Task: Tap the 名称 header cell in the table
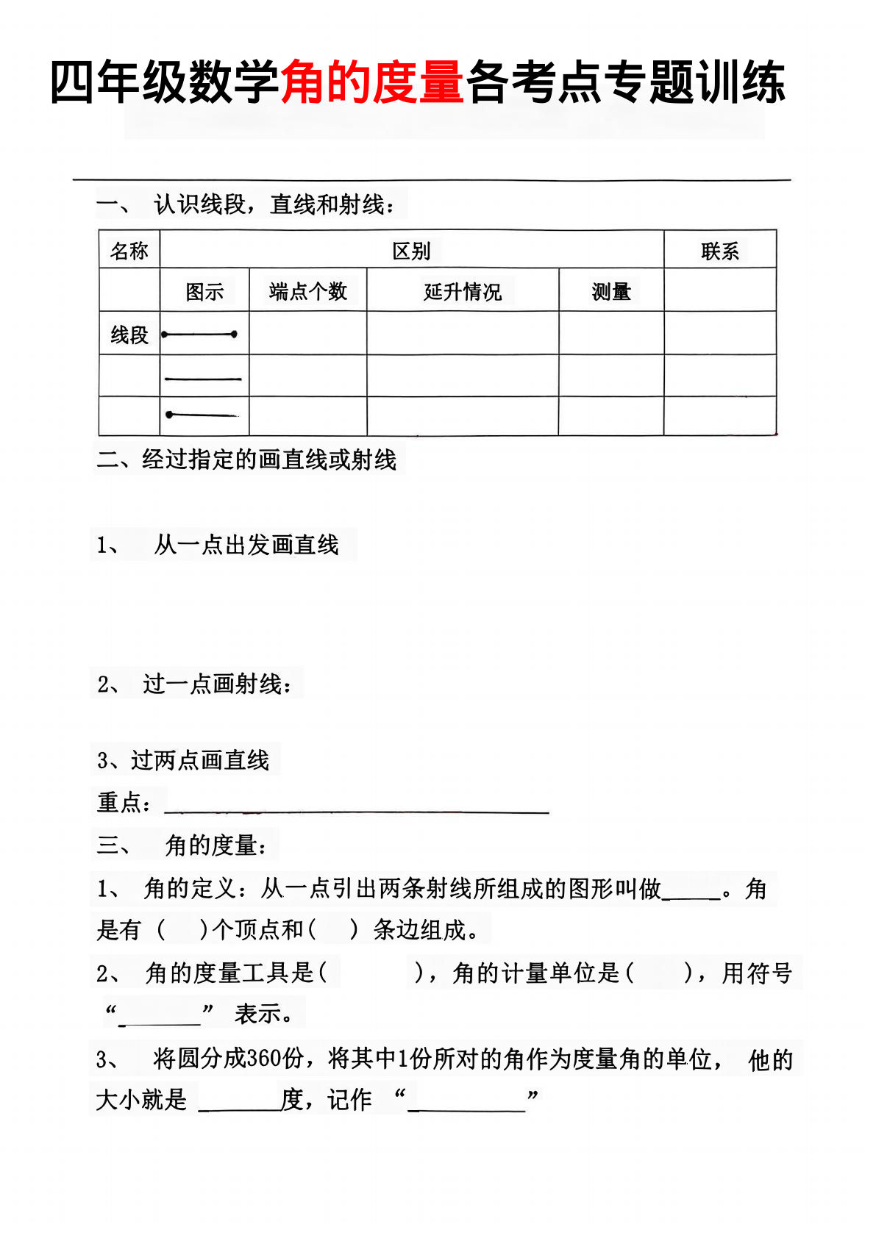click(129, 251)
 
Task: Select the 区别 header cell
click(411, 251)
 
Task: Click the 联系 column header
click(719, 251)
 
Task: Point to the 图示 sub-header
click(204, 292)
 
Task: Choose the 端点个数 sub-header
click(308, 292)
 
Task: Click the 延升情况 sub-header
click(463, 292)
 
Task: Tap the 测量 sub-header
click(611, 292)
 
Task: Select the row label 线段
click(129, 335)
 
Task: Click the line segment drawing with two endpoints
click(199, 334)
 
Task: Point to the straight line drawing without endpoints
click(203, 379)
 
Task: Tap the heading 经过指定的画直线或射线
click(268, 460)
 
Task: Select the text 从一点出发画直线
click(246, 545)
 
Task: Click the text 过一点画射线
click(217, 684)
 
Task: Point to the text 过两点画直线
click(200, 760)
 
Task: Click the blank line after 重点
click(357, 809)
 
